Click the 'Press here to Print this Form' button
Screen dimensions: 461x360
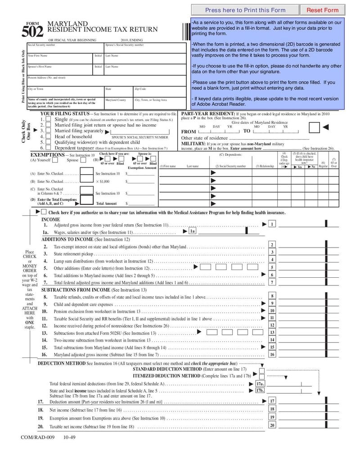245,10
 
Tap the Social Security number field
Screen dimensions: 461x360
65,48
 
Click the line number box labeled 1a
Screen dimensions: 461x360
192,231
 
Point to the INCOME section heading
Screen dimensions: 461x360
51,220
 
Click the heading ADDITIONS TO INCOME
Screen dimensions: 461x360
67,240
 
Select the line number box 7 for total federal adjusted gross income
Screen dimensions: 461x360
272,282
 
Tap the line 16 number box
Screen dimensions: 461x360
272,354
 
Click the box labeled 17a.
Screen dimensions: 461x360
260,384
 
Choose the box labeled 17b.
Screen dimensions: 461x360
260,391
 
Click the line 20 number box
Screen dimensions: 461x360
272,425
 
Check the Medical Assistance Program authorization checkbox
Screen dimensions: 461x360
44,212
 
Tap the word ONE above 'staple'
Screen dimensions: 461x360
30,323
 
